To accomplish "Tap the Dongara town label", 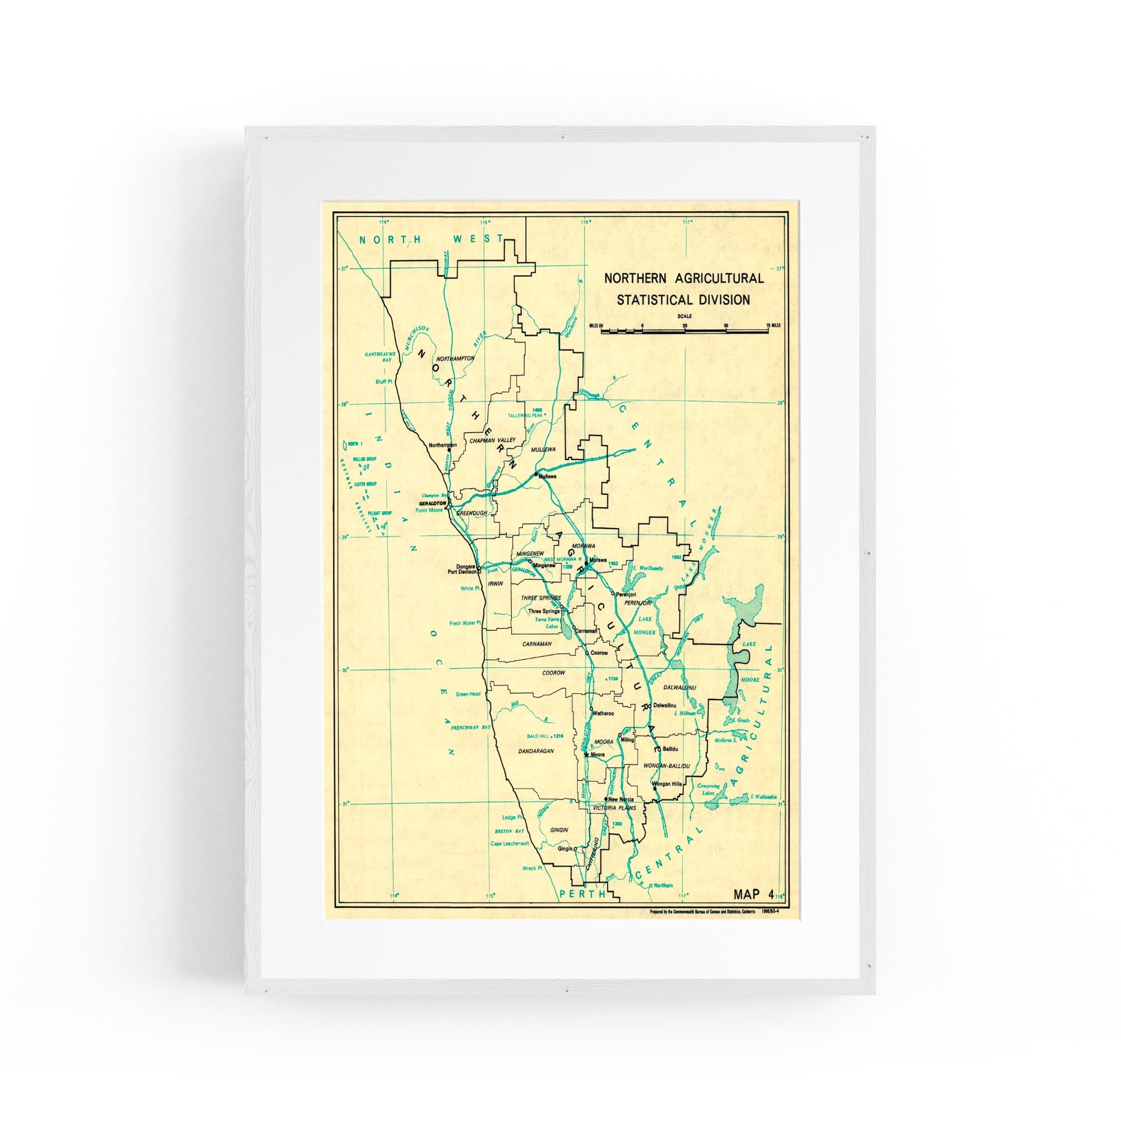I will pos(466,566).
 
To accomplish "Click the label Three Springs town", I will pos(544,611).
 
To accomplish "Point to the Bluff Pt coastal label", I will pos(384,382).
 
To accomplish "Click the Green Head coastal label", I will pos(467,694).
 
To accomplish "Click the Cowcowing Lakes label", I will pos(708,790).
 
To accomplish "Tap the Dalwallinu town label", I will pos(665,706).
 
